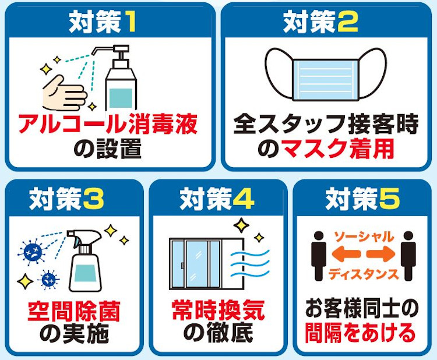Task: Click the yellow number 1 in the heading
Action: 129,23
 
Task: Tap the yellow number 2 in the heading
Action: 347,23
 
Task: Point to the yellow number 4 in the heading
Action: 244,199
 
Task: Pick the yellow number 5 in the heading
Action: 389,199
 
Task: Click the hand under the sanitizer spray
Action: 64,93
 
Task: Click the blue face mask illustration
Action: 326,75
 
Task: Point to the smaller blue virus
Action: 50,279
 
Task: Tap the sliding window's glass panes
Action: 196,263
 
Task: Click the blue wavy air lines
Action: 250,263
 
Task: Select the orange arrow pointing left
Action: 346,254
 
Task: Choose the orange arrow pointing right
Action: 380,254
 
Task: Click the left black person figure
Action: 319,256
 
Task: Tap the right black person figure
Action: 408,256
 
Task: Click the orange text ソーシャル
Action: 364,237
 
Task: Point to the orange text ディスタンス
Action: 364,275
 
